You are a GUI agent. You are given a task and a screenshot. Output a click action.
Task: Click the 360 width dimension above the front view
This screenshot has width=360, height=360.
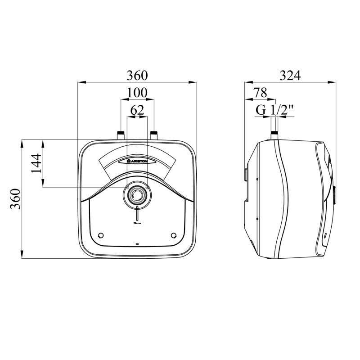137,75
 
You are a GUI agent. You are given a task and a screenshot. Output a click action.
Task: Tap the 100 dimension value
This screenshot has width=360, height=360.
137,92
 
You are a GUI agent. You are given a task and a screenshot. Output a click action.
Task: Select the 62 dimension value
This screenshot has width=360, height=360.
137,110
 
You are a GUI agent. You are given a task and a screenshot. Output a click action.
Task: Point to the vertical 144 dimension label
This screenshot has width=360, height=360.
36,163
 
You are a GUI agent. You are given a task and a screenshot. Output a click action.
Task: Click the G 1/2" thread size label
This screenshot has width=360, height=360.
274,109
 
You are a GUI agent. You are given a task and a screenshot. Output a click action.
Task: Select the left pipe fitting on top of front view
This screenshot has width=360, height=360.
121,135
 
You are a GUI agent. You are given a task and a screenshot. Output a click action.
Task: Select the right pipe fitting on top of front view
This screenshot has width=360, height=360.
154,135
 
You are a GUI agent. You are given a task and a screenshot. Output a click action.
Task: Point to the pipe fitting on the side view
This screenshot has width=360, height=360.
274,135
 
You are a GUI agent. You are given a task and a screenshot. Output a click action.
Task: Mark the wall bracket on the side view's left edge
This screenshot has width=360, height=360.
245,174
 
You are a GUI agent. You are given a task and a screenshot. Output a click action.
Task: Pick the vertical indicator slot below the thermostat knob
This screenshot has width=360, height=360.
137,214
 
